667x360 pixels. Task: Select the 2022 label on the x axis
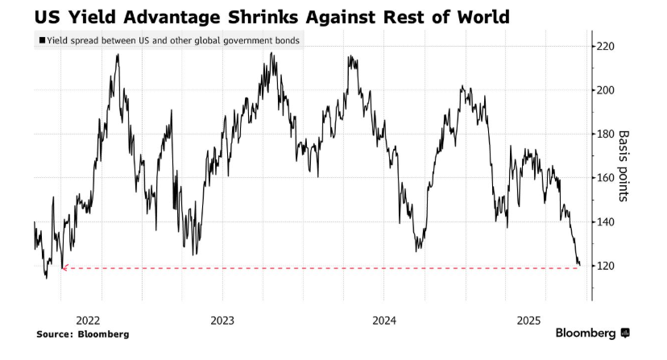click(x=89, y=320)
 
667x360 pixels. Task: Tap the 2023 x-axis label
click(x=222, y=320)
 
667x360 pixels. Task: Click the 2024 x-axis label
click(x=385, y=320)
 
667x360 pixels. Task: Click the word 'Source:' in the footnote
click(x=56, y=333)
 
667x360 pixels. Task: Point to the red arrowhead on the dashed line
click(x=64, y=267)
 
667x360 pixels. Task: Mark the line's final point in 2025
click(x=579, y=264)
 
